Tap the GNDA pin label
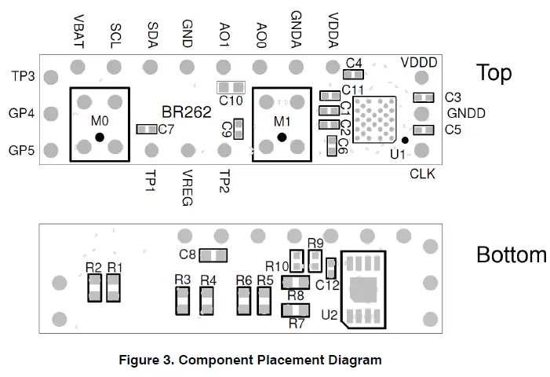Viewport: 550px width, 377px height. [x=296, y=29]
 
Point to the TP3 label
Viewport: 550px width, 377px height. [x=22, y=76]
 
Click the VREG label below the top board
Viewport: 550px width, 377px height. [x=187, y=188]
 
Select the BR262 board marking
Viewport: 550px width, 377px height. [x=187, y=112]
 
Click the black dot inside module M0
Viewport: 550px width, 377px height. [x=100, y=138]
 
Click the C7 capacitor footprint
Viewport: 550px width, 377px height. [x=146, y=129]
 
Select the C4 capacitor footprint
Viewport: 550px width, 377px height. [x=354, y=75]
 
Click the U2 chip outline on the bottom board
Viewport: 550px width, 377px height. [x=363, y=290]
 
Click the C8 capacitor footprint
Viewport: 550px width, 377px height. [x=213, y=254]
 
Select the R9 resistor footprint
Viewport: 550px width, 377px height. [x=315, y=259]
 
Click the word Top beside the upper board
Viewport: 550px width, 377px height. [x=494, y=73]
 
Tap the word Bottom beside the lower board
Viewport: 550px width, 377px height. [x=511, y=255]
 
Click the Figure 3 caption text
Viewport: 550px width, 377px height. [x=250, y=361]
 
